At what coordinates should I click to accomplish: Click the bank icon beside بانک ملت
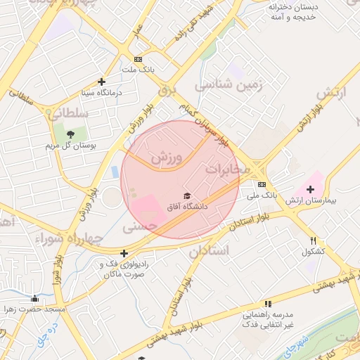138,59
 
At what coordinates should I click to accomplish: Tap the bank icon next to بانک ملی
262,184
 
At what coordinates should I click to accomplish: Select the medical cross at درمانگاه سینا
102,82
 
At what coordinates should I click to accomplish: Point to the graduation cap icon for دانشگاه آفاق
187,195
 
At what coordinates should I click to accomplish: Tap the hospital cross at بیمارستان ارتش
310,189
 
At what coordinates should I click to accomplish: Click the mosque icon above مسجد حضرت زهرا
34,298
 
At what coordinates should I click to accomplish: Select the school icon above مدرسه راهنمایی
266,303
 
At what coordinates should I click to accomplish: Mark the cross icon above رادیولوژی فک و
124,253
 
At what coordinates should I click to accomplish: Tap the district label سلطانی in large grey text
68,112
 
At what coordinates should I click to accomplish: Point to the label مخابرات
227,169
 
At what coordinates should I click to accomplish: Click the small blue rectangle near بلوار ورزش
115,172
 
